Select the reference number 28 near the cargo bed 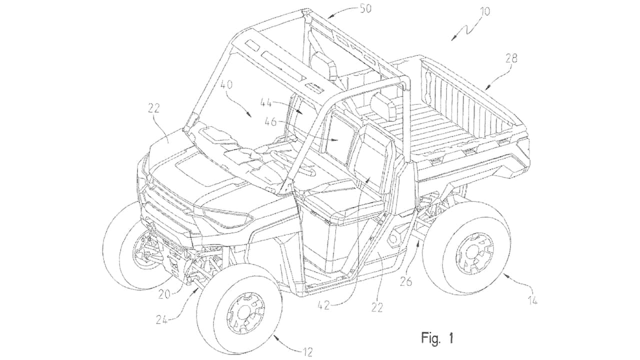tap(510, 58)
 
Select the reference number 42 tap(323, 304)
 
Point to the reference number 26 tap(406, 282)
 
